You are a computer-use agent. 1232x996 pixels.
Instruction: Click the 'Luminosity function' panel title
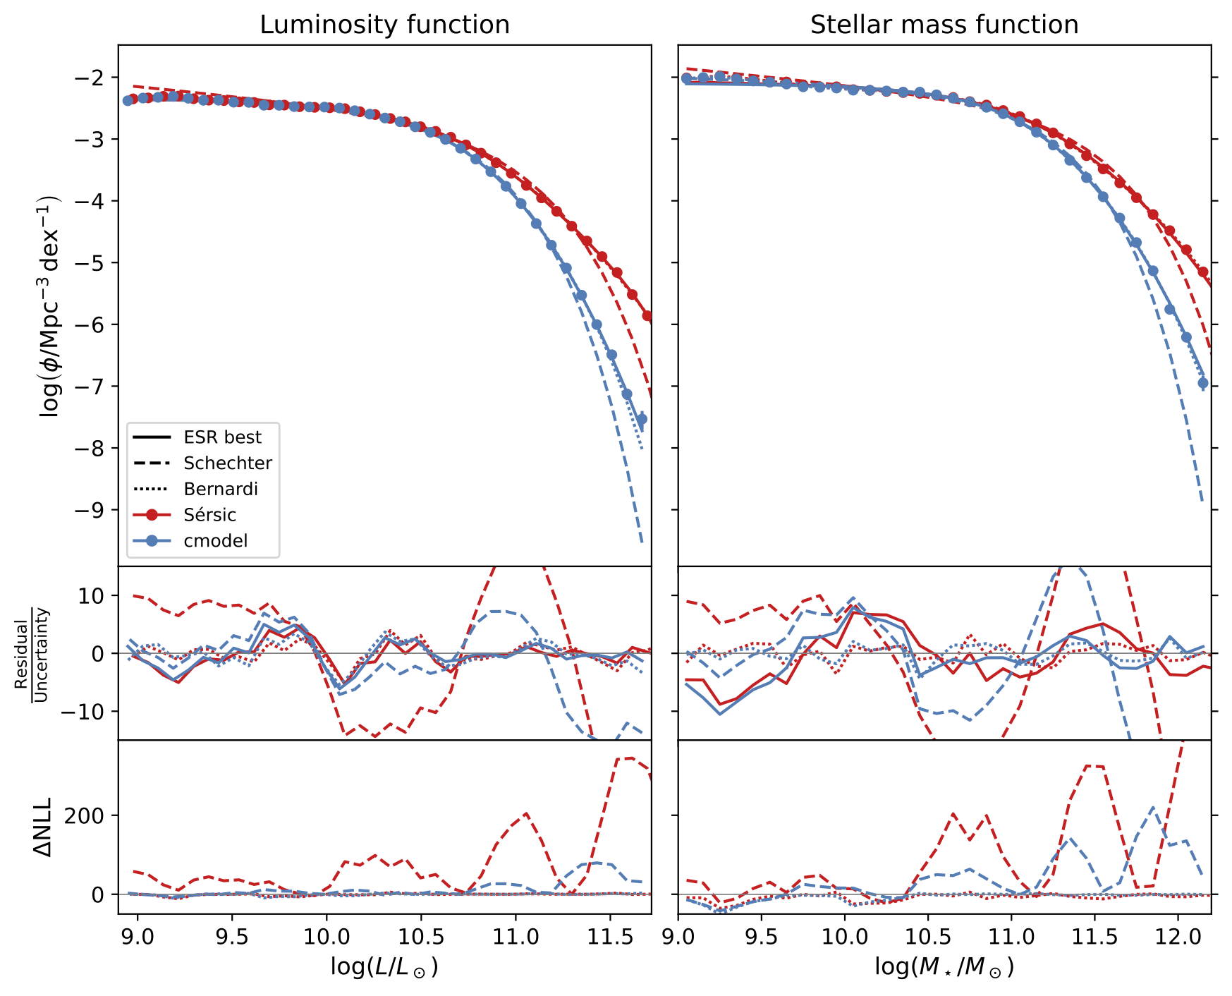384,25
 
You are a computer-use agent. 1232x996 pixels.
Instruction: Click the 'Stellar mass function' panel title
944,25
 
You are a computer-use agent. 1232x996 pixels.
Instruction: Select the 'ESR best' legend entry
222,437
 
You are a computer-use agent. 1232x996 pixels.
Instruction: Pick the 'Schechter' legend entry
227,463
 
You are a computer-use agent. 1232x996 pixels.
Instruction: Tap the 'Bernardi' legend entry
221,490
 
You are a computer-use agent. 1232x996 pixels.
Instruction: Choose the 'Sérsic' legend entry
209,515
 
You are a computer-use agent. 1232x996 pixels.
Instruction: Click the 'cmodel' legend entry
215,541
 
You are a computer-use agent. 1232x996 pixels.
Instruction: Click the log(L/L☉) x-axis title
384,967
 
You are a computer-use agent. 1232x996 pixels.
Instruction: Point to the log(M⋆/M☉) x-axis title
944,967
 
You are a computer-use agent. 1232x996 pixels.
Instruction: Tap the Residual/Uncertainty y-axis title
31,654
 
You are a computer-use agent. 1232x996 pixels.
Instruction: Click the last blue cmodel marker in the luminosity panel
642,419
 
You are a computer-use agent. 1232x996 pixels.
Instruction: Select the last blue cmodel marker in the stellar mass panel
1203,383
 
